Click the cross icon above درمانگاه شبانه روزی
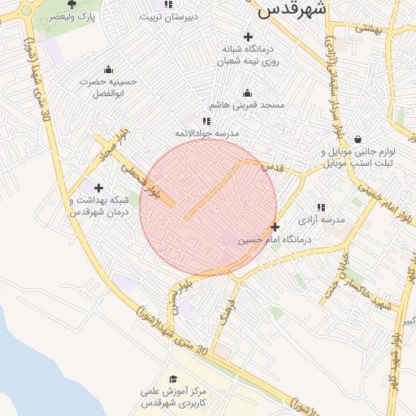pyautogui.click(x=248, y=37)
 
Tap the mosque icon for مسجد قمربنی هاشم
pyautogui.click(x=248, y=93)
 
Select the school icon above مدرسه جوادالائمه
pyautogui.click(x=206, y=120)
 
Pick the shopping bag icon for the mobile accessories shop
pyautogui.click(x=357, y=139)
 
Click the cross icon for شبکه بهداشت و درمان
pyautogui.click(x=99, y=188)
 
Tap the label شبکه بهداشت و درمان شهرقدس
pyautogui.click(x=89, y=206)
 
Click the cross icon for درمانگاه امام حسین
pyautogui.click(x=275, y=227)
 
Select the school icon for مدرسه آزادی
pyautogui.click(x=321, y=208)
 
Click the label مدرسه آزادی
pyautogui.click(x=322, y=220)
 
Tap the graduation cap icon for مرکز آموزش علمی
pyautogui.click(x=172, y=379)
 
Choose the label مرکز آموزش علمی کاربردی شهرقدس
pyautogui.click(x=174, y=397)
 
